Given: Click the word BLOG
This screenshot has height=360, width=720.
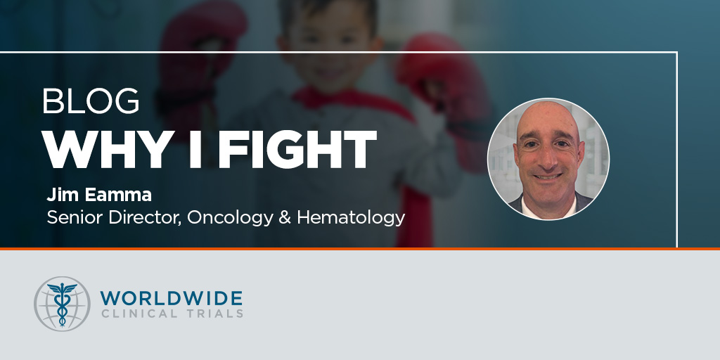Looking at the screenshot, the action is [x=91, y=101].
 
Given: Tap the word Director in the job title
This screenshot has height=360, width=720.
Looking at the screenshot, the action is [x=144, y=217].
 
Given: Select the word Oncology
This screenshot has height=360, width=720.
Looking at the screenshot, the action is [x=230, y=218].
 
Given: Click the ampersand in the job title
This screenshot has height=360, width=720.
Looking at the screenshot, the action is [x=285, y=217].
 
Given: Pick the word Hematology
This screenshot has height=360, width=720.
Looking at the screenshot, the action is [x=351, y=218].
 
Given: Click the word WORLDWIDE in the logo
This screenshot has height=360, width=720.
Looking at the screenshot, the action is [x=172, y=298].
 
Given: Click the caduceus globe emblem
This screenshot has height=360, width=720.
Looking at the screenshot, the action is [x=62, y=304].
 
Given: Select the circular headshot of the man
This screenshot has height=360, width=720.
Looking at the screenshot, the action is [x=548, y=159].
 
